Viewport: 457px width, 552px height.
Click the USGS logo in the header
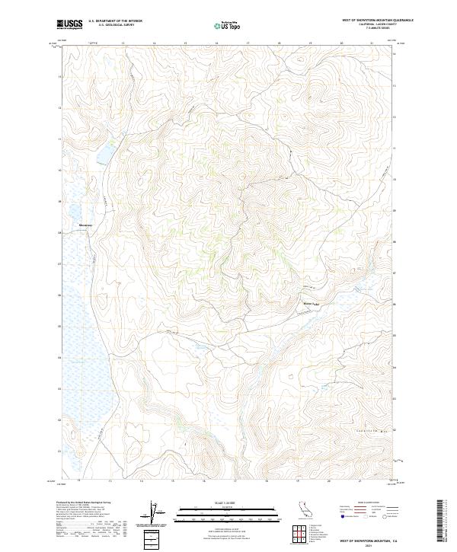click(69, 24)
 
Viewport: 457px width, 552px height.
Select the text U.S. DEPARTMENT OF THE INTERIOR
click(115, 21)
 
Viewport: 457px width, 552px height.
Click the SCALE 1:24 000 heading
click(228, 502)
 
